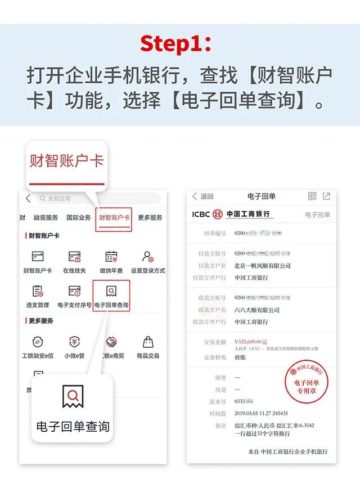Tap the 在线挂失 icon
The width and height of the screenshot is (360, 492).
pyautogui.click(x=74, y=257)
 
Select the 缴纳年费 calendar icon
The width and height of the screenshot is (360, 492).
pyautogui.click(x=111, y=257)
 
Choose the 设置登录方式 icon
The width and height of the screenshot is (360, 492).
pyautogui.click(x=148, y=257)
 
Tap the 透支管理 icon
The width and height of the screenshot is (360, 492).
pyautogui.click(x=38, y=291)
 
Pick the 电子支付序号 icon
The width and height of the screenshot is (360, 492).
pyautogui.click(x=74, y=291)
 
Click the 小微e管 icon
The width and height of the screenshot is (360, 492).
pyautogui.click(x=74, y=342)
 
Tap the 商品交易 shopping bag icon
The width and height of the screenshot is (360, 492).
pyautogui.click(x=148, y=342)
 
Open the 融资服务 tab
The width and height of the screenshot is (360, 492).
pyautogui.click(x=46, y=218)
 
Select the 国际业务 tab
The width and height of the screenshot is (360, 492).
pyautogui.click(x=78, y=218)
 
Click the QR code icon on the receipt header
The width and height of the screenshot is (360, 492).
pyautogui.click(x=312, y=196)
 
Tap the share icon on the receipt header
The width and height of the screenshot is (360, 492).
pyautogui.click(x=326, y=196)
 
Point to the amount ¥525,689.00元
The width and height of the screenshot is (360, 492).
pyautogui.click(x=251, y=342)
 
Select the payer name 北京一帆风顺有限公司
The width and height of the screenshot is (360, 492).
pyautogui.click(x=263, y=266)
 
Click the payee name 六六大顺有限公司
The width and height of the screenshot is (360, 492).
pyautogui.click(x=257, y=310)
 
